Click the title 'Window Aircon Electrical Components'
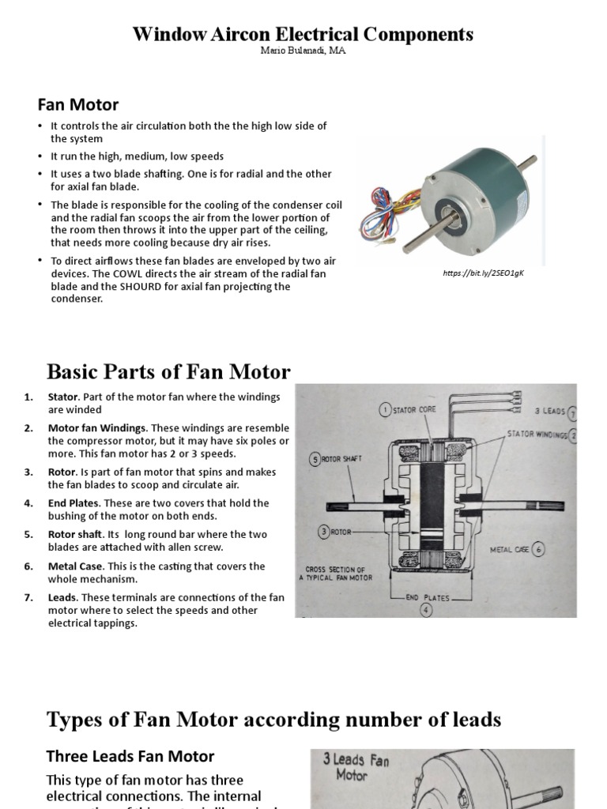303,34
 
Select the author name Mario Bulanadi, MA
303,51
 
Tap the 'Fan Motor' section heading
78,104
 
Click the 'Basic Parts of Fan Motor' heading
168,371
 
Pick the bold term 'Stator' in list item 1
62,397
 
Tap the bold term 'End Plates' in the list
73,502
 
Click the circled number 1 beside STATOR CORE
385,409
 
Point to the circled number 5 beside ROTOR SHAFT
315,459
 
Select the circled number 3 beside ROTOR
324,532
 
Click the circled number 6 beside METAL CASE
537,549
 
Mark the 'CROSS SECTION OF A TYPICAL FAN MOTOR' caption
335,573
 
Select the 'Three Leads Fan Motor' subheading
130,756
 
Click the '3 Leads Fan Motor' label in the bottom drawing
356,766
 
